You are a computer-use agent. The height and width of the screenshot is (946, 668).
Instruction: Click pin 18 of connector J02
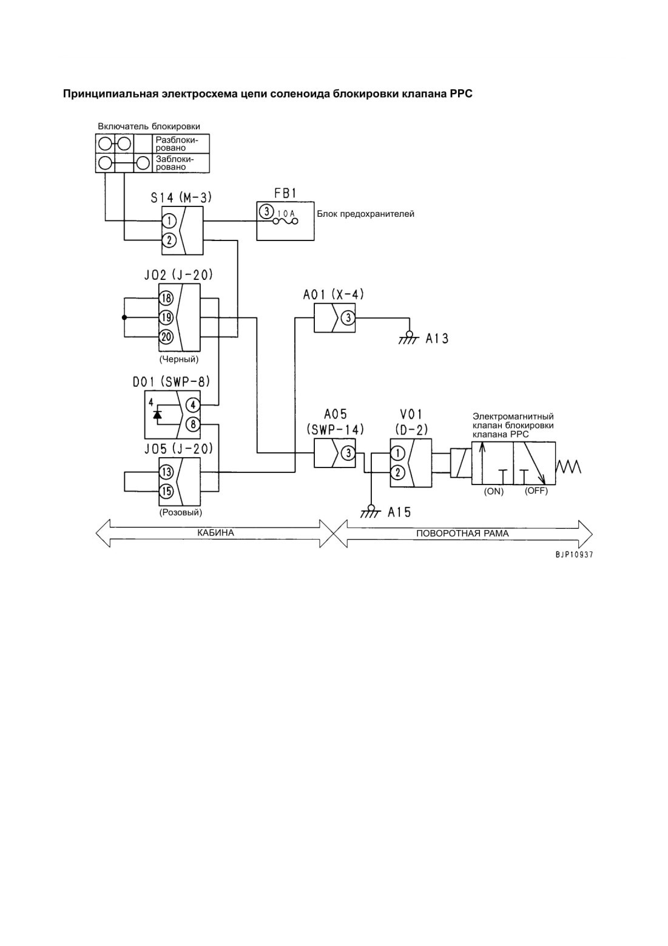[166, 298]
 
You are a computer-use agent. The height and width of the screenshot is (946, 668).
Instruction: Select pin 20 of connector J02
[166, 336]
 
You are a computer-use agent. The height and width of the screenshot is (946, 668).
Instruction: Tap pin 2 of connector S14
[169, 240]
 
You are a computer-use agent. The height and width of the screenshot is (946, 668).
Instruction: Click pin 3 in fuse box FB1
[266, 211]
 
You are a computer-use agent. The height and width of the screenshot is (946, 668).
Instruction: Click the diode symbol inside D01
[157, 414]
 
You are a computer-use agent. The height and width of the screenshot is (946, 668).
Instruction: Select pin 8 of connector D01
[193, 424]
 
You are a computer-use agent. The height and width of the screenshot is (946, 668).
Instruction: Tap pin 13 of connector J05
[166, 472]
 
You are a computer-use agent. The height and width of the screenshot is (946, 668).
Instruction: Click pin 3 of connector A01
[348, 318]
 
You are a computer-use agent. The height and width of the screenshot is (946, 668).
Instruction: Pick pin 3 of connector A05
[348, 453]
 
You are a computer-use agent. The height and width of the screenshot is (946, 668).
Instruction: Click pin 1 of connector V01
[397, 453]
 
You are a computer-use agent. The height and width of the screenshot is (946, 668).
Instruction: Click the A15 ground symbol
[371, 512]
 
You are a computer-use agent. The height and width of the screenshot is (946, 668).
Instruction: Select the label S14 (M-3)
[181, 197]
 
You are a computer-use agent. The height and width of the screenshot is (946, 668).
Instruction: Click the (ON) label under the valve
[494, 492]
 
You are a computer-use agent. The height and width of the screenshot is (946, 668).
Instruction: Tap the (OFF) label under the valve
[536, 491]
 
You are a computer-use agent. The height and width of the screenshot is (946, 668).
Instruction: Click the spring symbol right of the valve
[568, 467]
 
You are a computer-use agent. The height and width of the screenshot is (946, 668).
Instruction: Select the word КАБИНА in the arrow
[215, 533]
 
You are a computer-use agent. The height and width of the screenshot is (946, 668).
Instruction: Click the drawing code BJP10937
[575, 555]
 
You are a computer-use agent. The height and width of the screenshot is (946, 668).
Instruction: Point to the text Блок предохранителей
[365, 214]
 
